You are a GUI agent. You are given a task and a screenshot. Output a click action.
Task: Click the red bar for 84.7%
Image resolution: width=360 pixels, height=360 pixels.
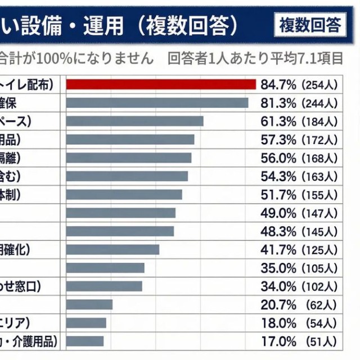pyautogui.click(x=161, y=84)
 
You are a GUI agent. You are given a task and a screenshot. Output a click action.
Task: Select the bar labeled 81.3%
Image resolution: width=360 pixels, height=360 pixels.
pyautogui.click(x=157, y=103)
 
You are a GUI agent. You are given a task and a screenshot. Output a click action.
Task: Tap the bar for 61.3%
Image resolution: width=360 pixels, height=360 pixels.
pyautogui.click(x=134, y=121)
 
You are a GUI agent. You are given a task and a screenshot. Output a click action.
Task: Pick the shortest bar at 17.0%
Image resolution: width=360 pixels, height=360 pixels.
pyautogui.click(x=85, y=341)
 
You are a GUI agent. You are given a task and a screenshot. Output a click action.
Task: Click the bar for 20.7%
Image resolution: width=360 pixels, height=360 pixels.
pyautogui.click(x=89, y=304)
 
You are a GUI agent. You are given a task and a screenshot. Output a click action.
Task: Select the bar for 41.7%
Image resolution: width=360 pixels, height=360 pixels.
pyautogui.click(x=112, y=249)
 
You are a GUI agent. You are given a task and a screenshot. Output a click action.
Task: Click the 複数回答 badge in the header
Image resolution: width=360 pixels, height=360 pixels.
pyautogui.click(x=310, y=25)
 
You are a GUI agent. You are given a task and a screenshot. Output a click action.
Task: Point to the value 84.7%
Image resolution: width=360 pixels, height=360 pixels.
pyautogui.click(x=278, y=85)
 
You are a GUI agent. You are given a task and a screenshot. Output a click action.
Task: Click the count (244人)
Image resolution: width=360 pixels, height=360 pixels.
pyautogui.click(x=319, y=103)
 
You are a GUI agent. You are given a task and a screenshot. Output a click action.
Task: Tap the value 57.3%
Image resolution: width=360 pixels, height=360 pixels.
pyautogui.click(x=278, y=139)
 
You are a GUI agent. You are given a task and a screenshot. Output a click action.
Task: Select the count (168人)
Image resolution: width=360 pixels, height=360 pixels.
pyautogui.click(x=319, y=158)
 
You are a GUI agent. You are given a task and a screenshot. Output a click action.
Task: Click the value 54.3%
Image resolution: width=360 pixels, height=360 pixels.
pyautogui.click(x=278, y=177)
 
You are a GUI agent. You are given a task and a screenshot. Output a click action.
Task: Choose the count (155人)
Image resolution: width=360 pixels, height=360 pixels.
pyautogui.click(x=319, y=195)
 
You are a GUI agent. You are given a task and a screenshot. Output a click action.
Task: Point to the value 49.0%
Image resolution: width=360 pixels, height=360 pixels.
pyautogui.click(x=278, y=213)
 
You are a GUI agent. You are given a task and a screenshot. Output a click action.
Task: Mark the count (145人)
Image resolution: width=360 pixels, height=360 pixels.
pyautogui.click(x=319, y=231)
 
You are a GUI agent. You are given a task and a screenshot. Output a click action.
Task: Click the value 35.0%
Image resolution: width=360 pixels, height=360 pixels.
pyautogui.click(x=278, y=268)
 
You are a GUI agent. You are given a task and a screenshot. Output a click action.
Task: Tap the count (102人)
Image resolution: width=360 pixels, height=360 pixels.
pyautogui.click(x=319, y=286)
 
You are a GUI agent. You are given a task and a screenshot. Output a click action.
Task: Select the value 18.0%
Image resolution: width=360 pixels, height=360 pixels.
pyautogui.click(x=278, y=323)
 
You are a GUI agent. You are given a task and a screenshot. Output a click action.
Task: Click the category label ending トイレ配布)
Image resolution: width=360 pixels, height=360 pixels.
pyautogui.click(x=28, y=85)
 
